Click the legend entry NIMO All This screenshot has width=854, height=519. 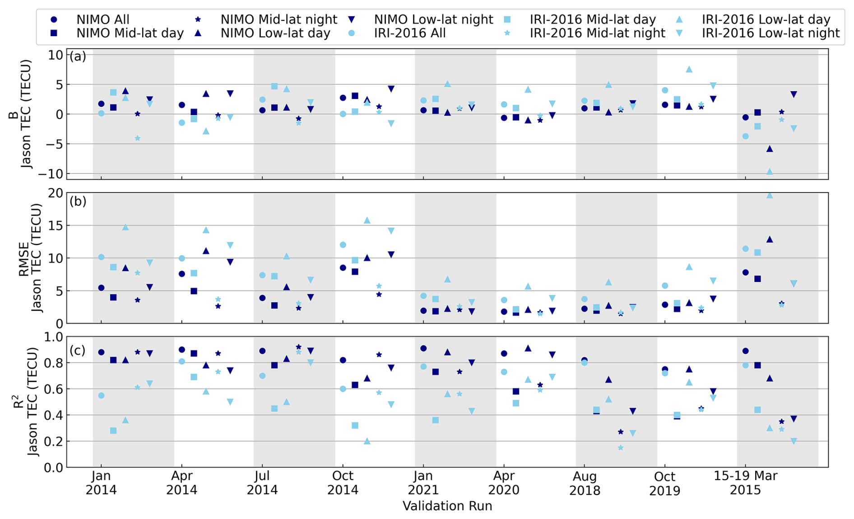point(102,20)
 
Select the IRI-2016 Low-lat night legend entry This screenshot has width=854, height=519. point(770,33)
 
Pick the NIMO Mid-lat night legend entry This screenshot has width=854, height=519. point(278,20)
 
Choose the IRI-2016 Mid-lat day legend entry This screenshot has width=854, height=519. point(592,20)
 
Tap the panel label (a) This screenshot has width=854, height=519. point(78,56)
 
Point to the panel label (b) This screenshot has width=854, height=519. point(78,201)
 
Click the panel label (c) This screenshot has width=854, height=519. point(78,350)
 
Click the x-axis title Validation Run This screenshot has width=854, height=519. point(447,506)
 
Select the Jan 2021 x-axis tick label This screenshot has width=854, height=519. point(423,483)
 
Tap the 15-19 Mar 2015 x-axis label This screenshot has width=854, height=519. point(745,483)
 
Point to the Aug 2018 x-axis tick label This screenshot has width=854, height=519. point(585,483)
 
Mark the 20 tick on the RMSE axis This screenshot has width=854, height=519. point(56,193)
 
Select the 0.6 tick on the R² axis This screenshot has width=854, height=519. point(53,389)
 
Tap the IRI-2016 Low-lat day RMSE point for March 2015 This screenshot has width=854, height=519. point(770,195)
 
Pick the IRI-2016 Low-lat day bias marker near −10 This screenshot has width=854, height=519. point(770,172)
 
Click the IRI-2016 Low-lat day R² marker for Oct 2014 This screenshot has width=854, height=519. point(367,441)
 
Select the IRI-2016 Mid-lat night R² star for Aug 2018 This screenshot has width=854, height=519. point(621,448)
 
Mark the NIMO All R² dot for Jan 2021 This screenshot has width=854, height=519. point(423,348)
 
